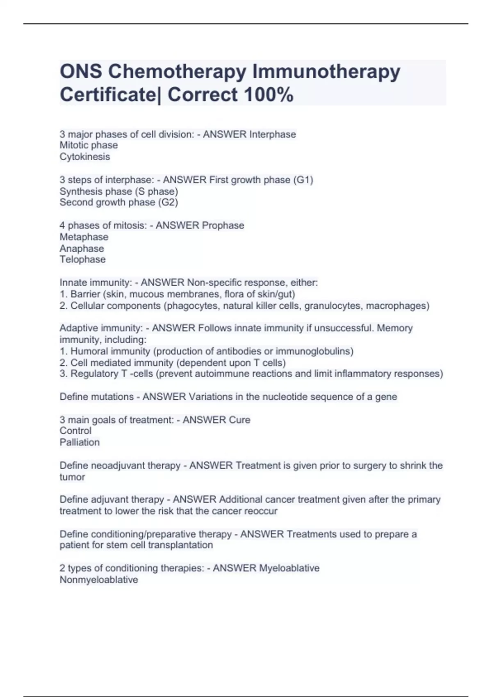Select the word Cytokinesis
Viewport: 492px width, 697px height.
pos(85,157)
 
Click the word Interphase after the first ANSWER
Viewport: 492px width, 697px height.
pos(273,134)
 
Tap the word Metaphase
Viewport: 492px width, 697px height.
pos(84,237)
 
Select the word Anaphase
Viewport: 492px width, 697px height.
pos(82,248)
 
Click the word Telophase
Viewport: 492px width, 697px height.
pos(82,259)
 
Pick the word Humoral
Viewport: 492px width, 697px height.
pos(87,351)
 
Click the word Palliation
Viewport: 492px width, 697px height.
pos(80,442)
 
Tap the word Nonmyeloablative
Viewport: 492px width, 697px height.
pos(99,580)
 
